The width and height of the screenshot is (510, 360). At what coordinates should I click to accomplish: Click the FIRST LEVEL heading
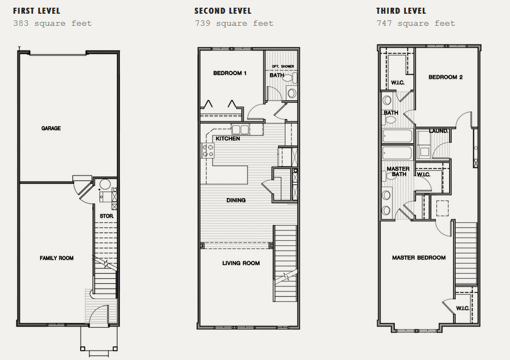pos(36,11)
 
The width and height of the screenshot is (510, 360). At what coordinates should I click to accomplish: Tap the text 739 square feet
pos(234,24)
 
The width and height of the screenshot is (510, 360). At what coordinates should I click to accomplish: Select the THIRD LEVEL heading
pos(401,11)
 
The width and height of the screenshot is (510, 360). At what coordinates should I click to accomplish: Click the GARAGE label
pos(51,128)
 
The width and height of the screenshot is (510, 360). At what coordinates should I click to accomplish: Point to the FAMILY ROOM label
pos(57,258)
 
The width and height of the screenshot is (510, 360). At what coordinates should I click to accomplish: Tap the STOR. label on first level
pos(107,216)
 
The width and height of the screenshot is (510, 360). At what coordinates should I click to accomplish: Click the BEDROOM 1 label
pos(229,73)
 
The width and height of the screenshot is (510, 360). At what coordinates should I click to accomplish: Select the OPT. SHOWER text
pos(283,66)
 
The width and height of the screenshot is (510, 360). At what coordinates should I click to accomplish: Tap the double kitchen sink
pos(240,130)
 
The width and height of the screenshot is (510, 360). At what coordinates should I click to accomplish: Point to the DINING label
pos(236,200)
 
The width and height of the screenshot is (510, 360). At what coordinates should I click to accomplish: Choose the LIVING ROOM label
pos(241,263)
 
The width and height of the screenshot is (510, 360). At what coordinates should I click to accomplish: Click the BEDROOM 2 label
pos(445,77)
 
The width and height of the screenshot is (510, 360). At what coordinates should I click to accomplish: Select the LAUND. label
pos(439,131)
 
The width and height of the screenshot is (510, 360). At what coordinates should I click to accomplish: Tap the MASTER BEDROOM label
pos(419,257)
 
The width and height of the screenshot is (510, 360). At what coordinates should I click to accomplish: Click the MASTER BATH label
pos(398,171)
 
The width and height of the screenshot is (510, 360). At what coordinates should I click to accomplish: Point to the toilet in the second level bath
pos(291,78)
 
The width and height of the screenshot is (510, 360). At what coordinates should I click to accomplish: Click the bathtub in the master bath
pos(397,152)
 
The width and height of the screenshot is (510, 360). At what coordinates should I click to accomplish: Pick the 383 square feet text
pos(52,24)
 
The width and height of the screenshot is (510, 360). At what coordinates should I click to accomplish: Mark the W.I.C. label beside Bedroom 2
pos(397,83)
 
